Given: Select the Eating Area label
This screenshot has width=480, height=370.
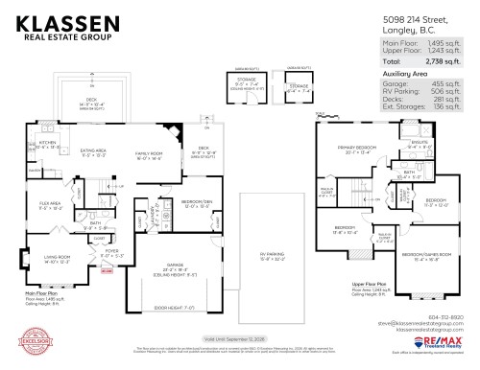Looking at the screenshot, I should click(x=94, y=151).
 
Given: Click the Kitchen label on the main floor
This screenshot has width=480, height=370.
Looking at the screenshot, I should click(x=48, y=144).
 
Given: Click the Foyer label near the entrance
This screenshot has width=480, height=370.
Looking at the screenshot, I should click(x=111, y=254).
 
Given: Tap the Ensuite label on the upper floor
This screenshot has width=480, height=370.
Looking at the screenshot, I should click(x=419, y=143).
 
